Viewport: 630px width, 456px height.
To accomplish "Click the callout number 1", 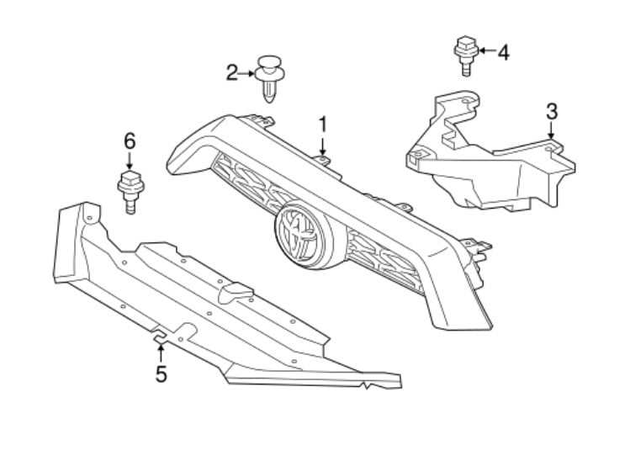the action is click(x=323, y=125).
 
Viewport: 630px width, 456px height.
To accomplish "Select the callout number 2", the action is click(x=232, y=73).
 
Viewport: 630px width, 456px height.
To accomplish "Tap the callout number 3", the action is click(x=552, y=111).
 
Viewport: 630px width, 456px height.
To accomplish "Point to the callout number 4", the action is click(x=504, y=53).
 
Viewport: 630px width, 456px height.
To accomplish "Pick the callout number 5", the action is click(x=161, y=374).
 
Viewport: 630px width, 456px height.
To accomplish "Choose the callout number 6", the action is click(x=130, y=141).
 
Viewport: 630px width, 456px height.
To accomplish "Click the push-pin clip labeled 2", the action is click(x=270, y=79).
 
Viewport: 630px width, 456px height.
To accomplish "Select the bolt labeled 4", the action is click(x=466, y=56).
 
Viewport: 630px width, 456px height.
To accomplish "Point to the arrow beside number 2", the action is click(x=246, y=73).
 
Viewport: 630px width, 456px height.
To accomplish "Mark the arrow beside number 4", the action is click(x=486, y=50).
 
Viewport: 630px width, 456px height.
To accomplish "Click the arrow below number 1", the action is click(x=323, y=146).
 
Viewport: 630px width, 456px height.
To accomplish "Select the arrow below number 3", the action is click(x=551, y=130).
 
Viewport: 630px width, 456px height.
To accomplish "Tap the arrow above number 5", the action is click(x=161, y=353).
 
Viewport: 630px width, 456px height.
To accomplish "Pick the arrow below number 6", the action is click(x=130, y=161).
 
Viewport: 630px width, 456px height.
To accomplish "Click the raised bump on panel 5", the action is click(x=235, y=292).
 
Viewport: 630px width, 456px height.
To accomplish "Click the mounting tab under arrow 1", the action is click(x=323, y=161).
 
